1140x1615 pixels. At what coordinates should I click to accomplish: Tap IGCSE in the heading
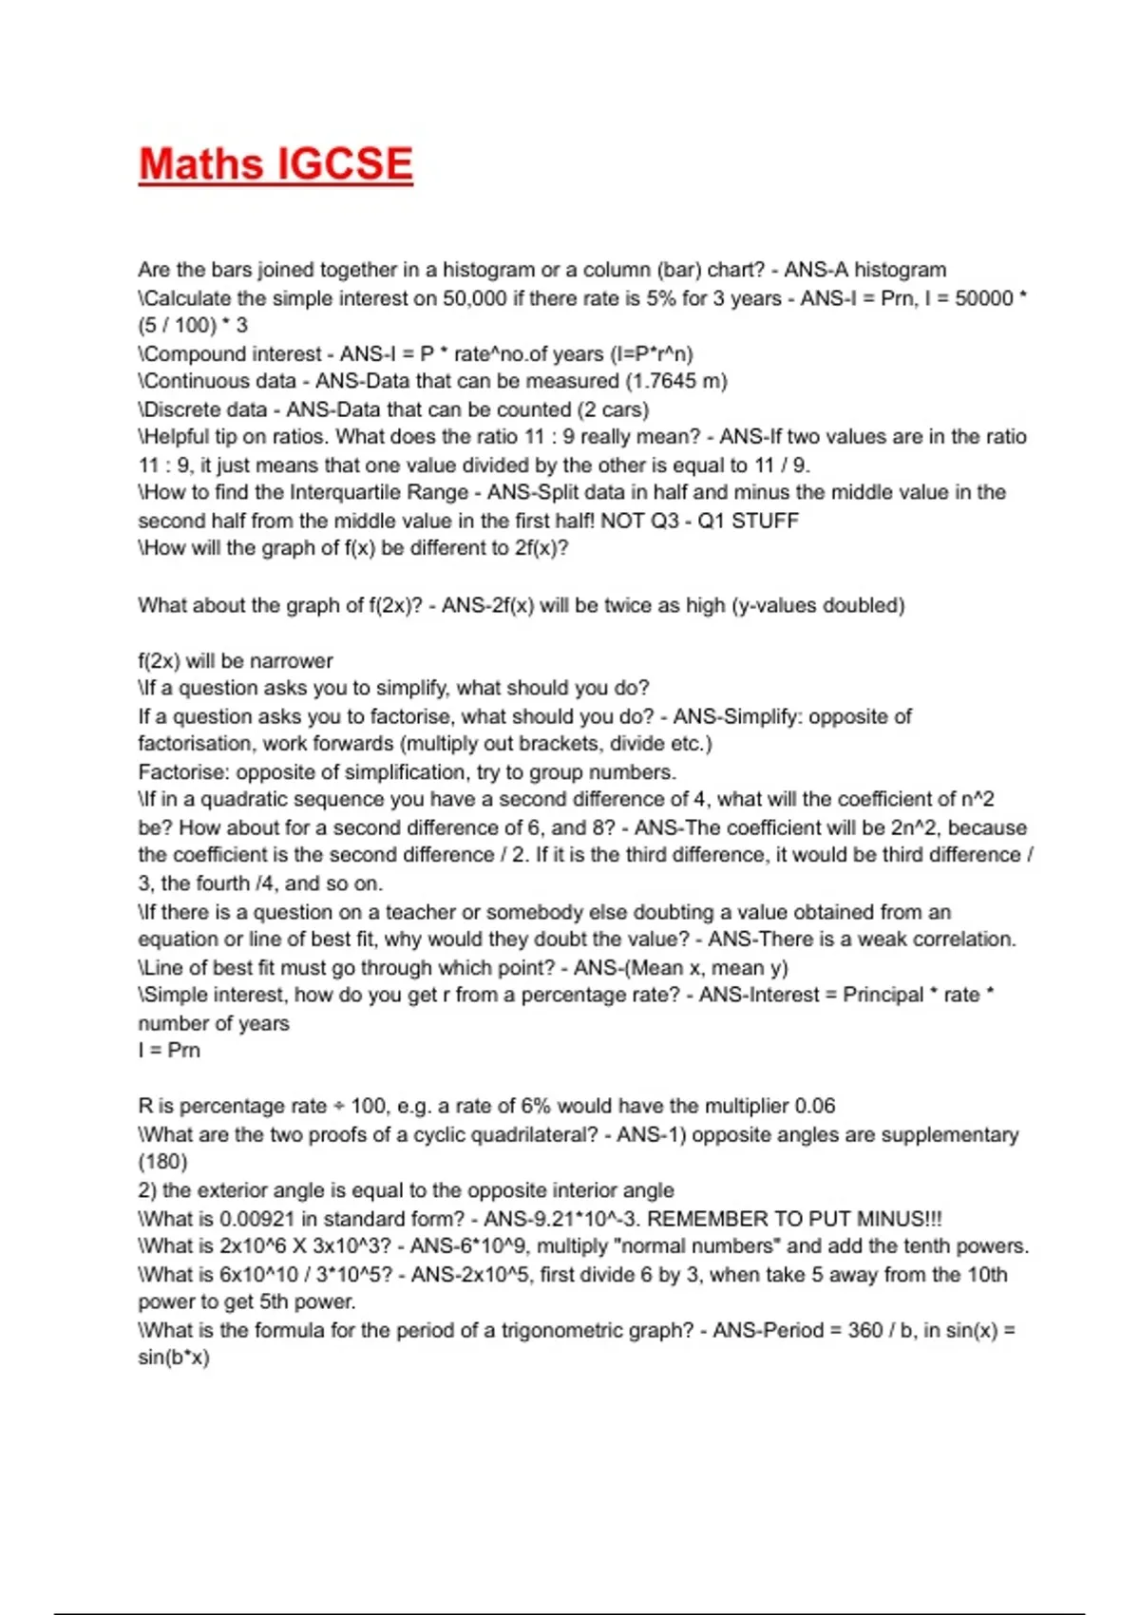click(345, 163)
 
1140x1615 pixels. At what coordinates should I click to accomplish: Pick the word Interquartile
click(345, 492)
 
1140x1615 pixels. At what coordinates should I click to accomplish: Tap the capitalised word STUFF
click(765, 521)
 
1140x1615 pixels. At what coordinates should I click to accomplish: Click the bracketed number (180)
click(163, 1162)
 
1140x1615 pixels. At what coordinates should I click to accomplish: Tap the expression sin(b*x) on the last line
click(174, 1358)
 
